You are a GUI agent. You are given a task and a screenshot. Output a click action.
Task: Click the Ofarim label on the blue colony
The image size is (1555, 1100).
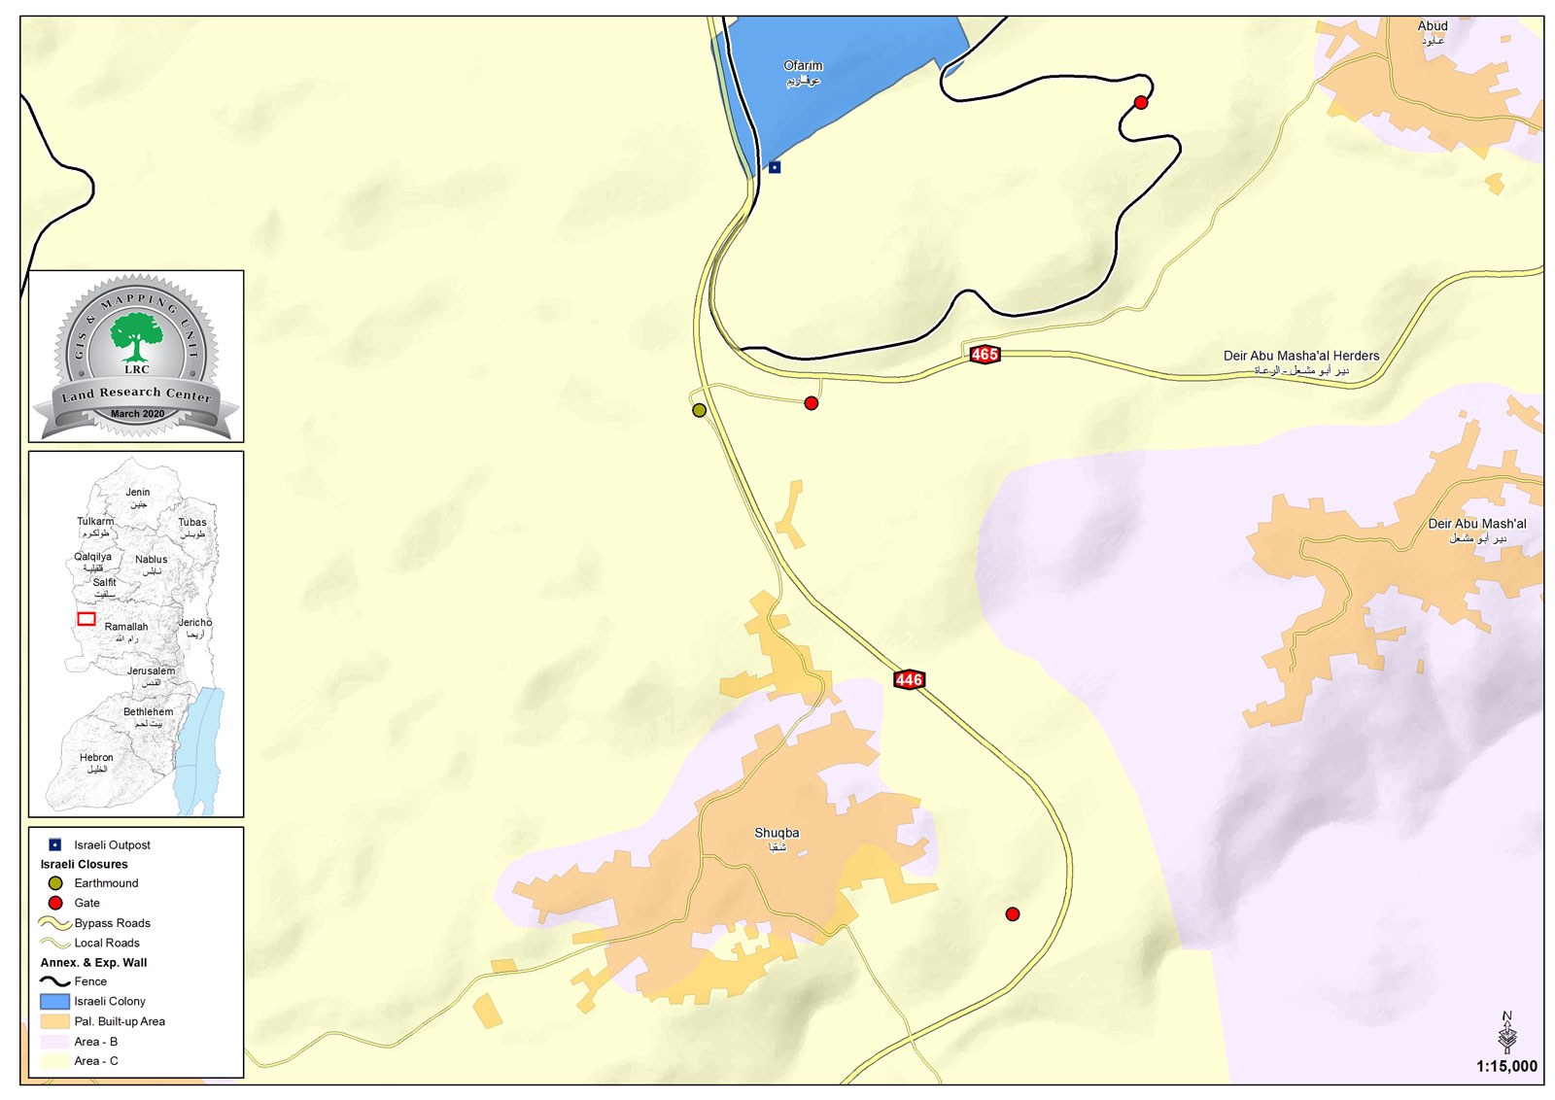pos(803,66)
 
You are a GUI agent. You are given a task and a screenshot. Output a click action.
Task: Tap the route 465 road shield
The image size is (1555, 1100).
pos(985,355)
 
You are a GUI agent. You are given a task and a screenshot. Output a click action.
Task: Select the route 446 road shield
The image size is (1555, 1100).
pos(909,680)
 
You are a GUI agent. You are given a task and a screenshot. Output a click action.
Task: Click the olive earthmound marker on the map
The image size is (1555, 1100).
pos(699,410)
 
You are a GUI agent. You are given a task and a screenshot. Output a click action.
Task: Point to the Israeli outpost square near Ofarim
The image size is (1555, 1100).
pos(775,167)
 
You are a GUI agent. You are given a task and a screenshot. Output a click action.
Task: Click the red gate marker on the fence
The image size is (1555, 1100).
pos(1141,102)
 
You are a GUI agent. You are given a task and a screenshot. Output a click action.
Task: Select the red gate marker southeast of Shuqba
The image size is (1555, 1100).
pos(1013,914)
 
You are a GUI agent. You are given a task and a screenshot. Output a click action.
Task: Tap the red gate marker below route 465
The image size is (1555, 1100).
pos(812,403)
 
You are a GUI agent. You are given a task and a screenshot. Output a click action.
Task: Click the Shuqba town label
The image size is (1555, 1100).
pos(777,833)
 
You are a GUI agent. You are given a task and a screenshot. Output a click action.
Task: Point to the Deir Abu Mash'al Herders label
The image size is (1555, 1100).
pos(1300,356)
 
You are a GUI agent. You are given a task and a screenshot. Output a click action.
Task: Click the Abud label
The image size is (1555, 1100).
pos(1432,26)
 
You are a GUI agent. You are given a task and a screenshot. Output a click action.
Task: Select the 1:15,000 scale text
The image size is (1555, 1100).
pos(1506,1066)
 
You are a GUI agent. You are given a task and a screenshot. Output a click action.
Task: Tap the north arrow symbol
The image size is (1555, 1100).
pos(1507,1032)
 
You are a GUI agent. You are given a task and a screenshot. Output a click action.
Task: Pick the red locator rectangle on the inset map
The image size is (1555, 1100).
pos(86,619)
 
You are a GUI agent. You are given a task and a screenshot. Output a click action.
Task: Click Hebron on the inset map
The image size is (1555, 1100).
pos(96,757)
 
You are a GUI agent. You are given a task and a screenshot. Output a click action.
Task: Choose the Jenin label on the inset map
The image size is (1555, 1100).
pos(137,493)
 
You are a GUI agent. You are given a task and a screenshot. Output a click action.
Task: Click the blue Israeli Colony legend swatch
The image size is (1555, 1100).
pos(54,1001)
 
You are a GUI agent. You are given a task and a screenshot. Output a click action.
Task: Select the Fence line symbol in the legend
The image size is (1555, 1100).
pos(54,981)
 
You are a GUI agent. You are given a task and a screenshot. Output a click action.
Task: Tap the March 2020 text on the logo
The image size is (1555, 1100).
pos(137,414)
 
